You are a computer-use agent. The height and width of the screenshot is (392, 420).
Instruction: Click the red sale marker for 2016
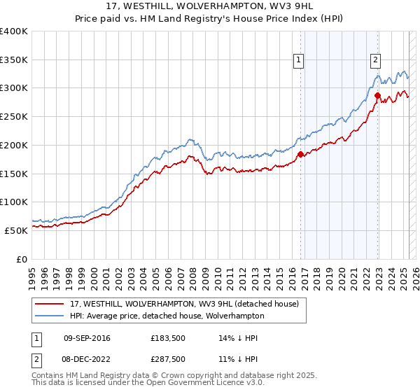pos(301,154)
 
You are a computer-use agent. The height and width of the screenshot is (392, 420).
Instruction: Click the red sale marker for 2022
pos(378,95)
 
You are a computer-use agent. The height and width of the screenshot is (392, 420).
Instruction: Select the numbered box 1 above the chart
pos(299,60)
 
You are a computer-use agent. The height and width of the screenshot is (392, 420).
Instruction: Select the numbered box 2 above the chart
pos(376,60)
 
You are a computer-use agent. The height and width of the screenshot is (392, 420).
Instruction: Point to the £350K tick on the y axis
pos(14,60)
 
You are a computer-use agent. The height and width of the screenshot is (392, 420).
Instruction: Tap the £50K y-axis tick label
pos(16,230)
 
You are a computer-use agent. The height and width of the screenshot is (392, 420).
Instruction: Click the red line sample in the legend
pos(49,304)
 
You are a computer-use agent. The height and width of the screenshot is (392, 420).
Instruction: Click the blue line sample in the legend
pos(49,316)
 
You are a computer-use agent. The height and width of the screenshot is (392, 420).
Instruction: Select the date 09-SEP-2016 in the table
pos(87,338)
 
